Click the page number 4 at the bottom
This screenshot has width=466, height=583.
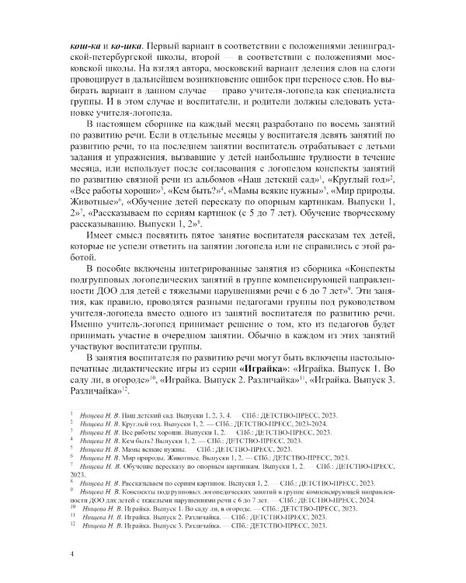coord(71,553)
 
